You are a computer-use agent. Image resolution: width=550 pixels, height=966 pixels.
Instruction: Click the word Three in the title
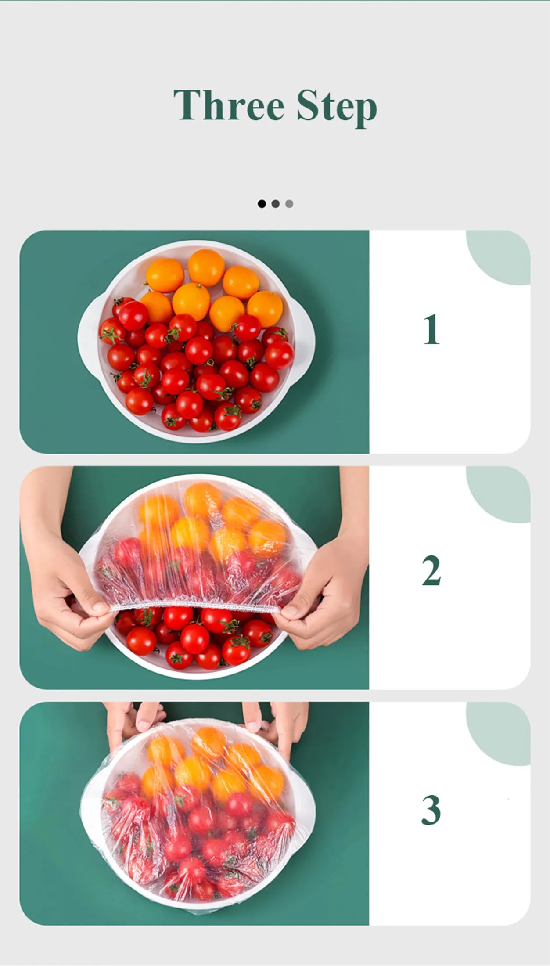[x=229, y=105]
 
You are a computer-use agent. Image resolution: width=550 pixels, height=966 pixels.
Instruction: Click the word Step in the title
[x=336, y=106]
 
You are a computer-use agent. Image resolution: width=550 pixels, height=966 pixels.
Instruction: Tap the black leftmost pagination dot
[x=262, y=204]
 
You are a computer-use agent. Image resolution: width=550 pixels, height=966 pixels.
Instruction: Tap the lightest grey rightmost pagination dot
[x=289, y=204]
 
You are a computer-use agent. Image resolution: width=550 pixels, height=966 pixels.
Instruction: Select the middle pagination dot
[x=276, y=204]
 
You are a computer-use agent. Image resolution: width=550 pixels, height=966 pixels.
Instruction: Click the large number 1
[x=431, y=329]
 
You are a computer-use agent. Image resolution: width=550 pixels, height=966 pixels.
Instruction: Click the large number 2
[x=431, y=570]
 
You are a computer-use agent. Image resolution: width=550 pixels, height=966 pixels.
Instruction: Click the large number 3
[x=431, y=810]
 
